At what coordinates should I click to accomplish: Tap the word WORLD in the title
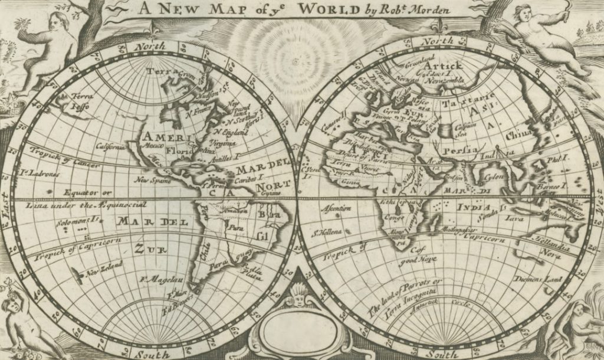click(326, 8)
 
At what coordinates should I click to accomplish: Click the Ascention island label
click(336, 208)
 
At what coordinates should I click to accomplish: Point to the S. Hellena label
click(328, 231)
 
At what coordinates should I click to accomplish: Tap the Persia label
click(460, 150)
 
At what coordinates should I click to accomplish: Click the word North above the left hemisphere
click(147, 46)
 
